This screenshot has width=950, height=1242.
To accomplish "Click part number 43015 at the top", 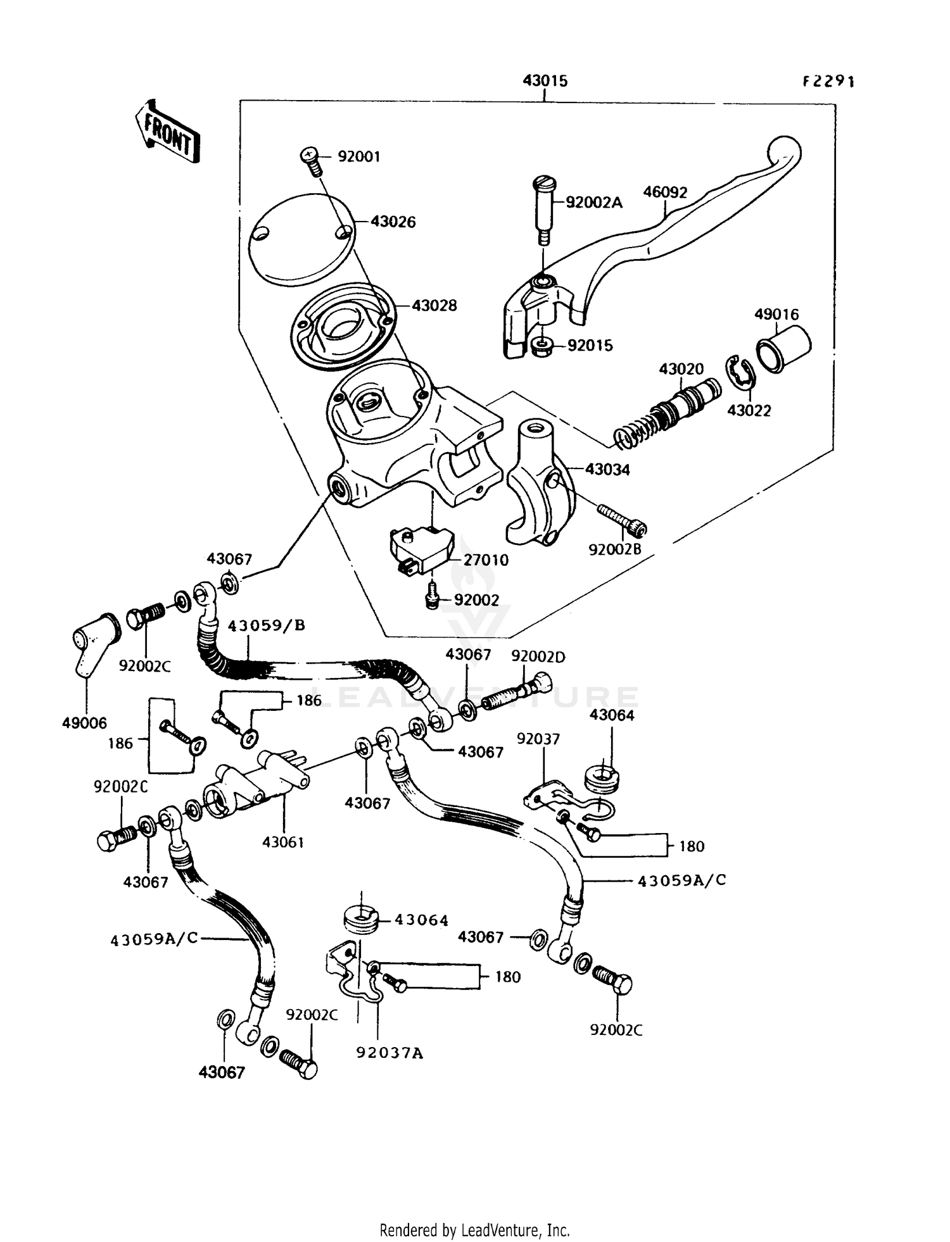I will point(545,81).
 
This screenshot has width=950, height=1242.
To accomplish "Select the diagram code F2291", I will point(828,81).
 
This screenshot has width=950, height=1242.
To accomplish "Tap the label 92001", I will point(358,156).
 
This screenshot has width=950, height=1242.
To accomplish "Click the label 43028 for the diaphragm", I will point(434,306).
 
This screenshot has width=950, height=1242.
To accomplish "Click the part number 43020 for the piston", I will point(681,369).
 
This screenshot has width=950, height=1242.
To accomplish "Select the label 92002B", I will point(614,549).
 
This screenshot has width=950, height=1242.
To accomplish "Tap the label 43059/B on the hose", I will point(266,625).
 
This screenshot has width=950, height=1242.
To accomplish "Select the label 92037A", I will point(389,1053).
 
